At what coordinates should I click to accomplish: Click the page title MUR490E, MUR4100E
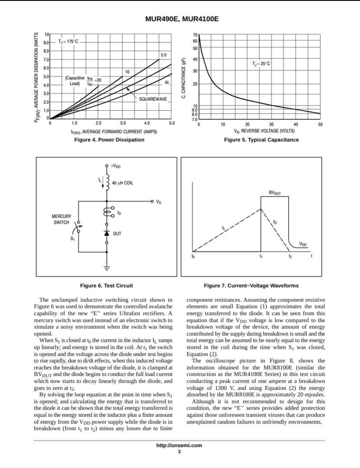(x=180, y=20)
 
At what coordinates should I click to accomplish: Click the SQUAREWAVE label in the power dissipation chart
(x=153, y=99)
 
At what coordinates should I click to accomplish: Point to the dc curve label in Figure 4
(x=167, y=82)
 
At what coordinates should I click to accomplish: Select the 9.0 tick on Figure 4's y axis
(x=46, y=43)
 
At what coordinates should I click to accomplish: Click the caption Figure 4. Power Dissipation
(x=109, y=140)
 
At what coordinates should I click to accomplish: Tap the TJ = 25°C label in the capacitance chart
(x=261, y=64)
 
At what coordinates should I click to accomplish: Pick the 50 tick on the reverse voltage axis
(x=320, y=124)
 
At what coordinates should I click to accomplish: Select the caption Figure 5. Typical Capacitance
(x=261, y=140)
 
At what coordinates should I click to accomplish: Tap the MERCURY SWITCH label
(x=61, y=219)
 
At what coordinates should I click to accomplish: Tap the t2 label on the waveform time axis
(x=290, y=256)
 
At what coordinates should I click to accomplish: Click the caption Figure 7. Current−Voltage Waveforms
(x=251, y=285)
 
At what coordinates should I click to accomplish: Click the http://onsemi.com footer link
(x=179, y=445)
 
